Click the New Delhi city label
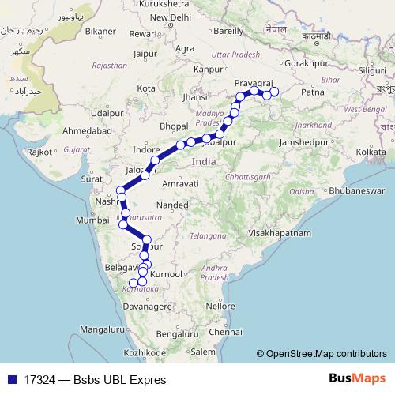(x=171, y=17)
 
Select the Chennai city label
(x=226, y=332)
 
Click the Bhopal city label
(x=174, y=126)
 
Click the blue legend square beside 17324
(x=13, y=379)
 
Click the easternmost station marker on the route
(x=275, y=92)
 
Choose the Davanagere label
(x=149, y=305)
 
